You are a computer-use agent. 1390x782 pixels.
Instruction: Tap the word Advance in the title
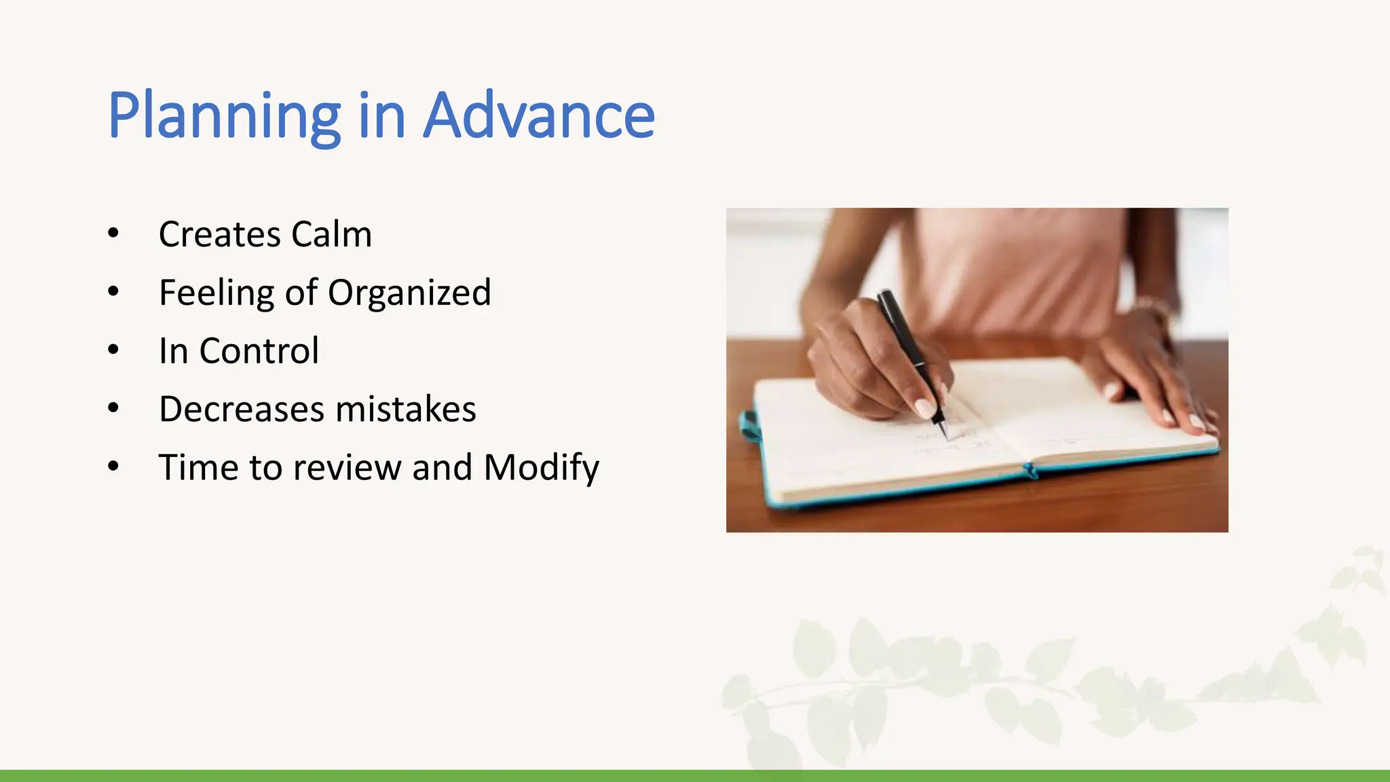539,117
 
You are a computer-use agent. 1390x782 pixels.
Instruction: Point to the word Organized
409,293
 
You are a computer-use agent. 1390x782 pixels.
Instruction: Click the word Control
259,352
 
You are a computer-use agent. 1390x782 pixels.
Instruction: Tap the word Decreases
242,410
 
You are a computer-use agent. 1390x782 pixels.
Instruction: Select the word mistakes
405,410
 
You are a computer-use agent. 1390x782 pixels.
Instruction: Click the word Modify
541,468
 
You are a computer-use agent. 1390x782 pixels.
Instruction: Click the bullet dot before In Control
113,350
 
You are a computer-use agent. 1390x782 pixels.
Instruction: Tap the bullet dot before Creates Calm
113,234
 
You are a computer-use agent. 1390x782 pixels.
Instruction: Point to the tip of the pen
944,434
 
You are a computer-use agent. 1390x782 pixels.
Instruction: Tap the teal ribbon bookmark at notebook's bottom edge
1030,470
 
